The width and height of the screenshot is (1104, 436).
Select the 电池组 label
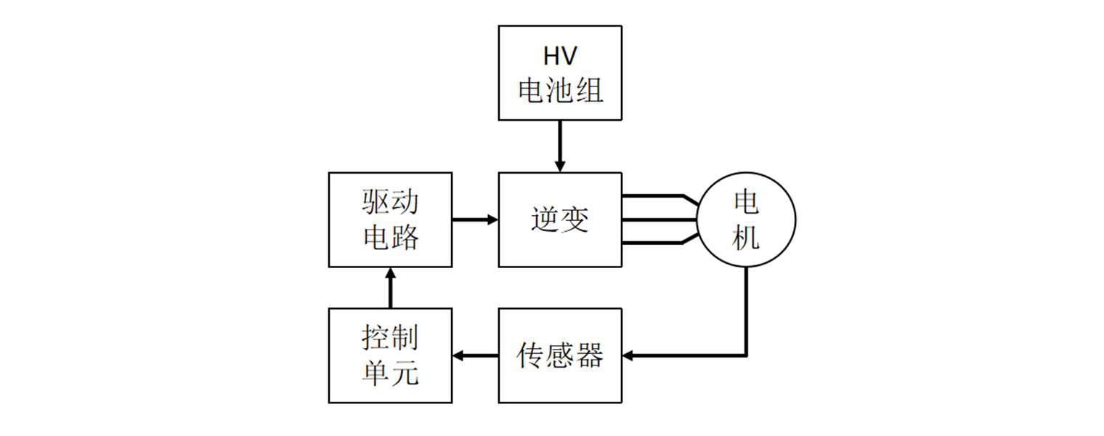point(559,91)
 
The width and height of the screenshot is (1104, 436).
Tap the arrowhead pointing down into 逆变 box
point(559,166)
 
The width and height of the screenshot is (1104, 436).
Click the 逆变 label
point(559,219)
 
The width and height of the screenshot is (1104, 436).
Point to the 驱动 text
point(390,202)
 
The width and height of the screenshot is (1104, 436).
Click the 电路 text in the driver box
point(390,237)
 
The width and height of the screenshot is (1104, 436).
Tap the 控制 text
point(390,338)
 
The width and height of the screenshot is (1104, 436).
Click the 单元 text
point(390,373)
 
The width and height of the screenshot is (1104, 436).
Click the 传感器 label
point(559,355)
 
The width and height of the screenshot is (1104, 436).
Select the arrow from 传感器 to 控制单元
point(475,355)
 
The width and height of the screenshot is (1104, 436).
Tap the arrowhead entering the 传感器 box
point(629,355)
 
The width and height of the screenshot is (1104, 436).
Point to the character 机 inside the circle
point(746,237)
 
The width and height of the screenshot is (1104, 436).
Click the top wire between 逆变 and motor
point(654,196)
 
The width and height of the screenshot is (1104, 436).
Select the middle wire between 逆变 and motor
point(657,219)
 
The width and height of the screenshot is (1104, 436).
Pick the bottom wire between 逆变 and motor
point(654,243)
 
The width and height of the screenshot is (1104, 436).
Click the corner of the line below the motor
point(746,355)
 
